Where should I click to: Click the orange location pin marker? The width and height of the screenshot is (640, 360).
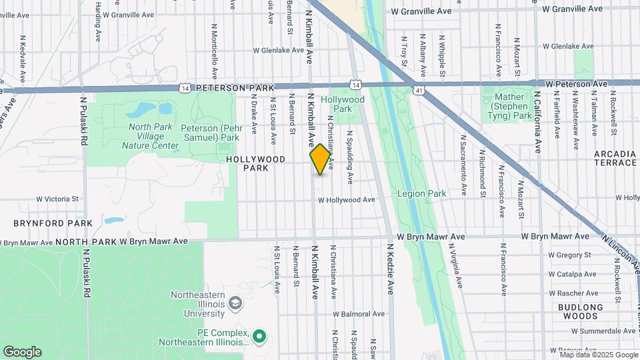321,159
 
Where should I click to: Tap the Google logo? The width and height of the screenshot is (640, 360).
22,352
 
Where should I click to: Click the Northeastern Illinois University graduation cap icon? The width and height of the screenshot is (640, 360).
235,303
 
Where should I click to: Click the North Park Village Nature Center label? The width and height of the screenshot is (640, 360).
150,136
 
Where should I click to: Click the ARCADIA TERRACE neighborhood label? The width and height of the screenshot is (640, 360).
615,158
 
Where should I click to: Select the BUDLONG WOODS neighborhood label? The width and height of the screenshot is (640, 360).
582,311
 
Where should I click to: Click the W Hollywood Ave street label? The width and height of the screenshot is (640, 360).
346,200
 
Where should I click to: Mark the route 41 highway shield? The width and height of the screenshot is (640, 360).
418,89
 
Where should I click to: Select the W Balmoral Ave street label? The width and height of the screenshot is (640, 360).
359,314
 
